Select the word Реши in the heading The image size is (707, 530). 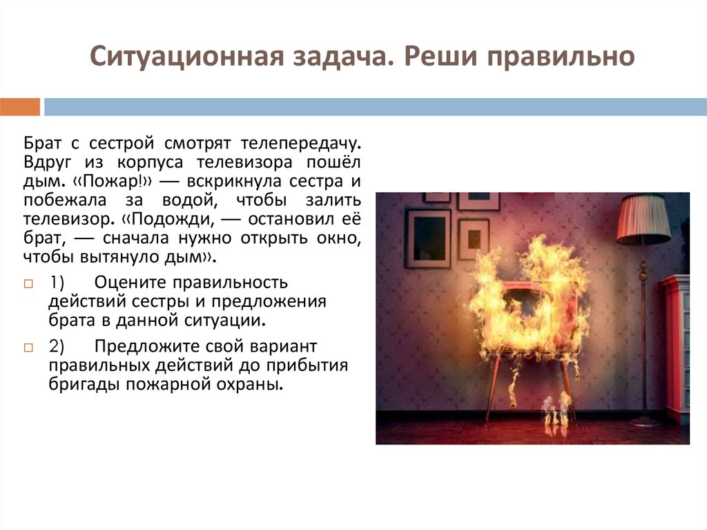pos(434,57)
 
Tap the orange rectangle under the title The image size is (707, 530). pos(20,107)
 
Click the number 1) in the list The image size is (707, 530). pos(57,283)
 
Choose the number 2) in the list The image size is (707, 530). pos(57,346)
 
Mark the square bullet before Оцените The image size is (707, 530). pos(28,284)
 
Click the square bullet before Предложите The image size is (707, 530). pos(28,347)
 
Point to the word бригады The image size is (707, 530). pos(84,385)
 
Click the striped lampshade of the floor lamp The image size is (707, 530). pos(643,218)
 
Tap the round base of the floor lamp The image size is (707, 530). pos(644,421)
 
